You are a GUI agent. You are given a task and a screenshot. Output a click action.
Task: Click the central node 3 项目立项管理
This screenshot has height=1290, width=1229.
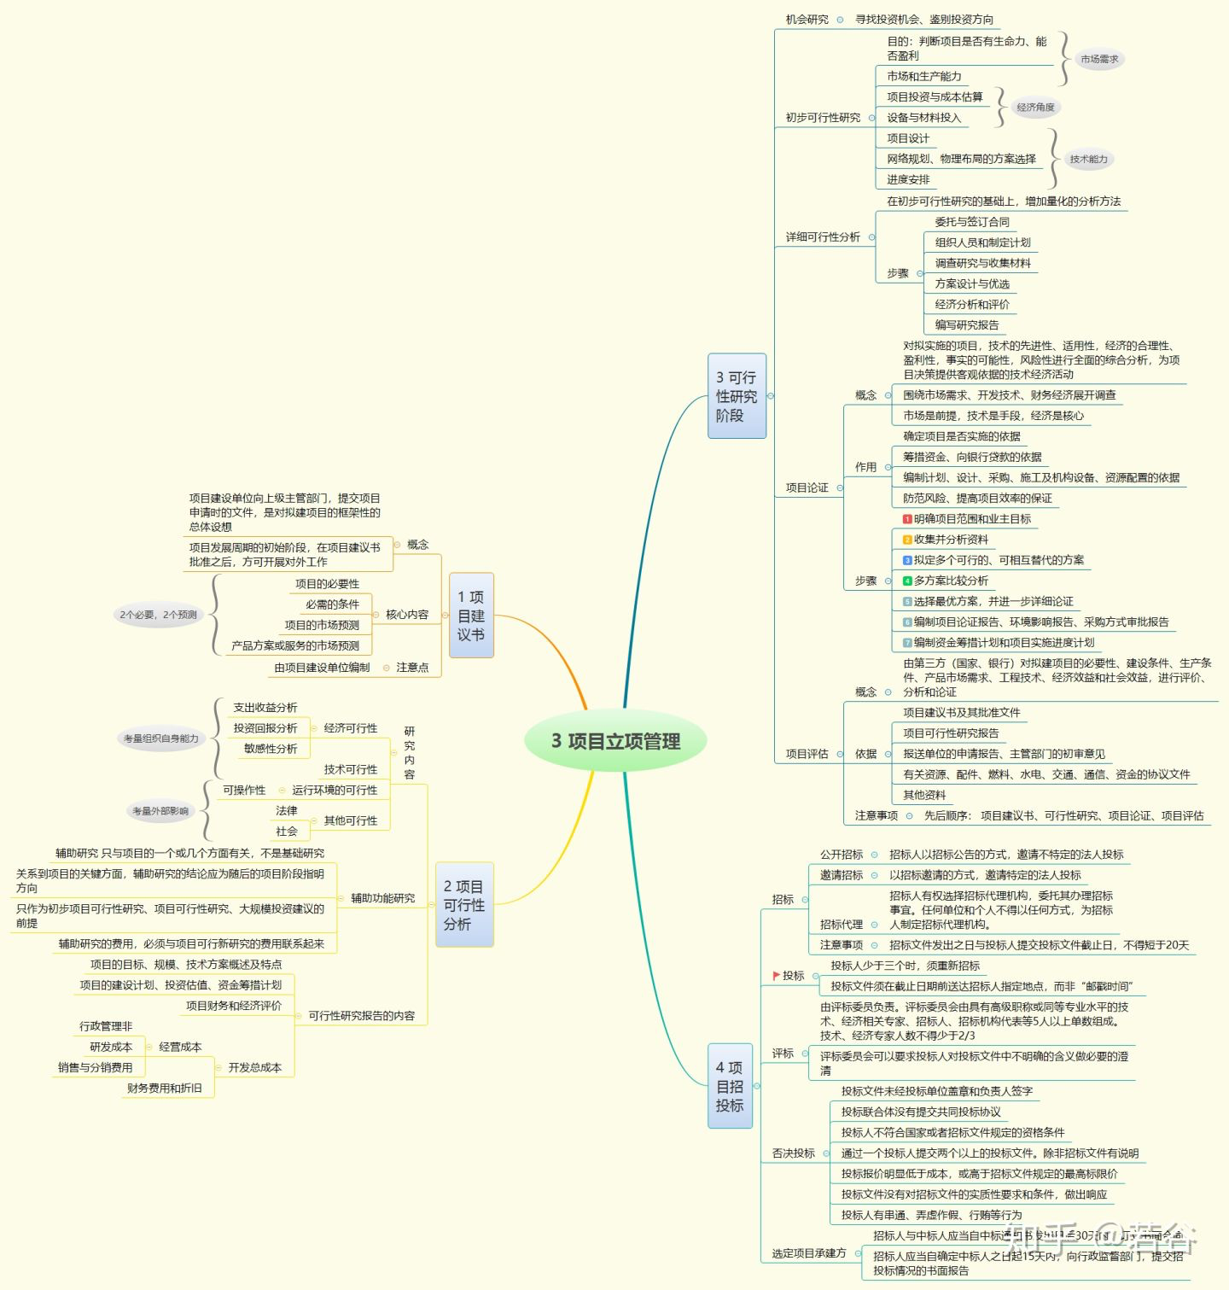[615, 741]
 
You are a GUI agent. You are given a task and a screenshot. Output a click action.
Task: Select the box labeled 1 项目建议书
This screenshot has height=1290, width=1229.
[471, 616]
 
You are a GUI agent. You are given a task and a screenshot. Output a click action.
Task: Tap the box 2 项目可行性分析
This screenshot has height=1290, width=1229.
[464, 905]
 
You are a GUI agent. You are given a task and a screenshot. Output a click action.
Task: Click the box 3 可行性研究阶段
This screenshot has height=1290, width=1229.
[737, 396]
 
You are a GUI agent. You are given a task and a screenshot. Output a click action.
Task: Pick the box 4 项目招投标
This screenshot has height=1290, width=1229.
[730, 1086]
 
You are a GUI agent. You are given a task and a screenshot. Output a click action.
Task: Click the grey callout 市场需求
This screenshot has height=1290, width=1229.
[1098, 60]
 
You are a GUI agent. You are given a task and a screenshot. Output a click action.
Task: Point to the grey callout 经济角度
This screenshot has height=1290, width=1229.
[1035, 108]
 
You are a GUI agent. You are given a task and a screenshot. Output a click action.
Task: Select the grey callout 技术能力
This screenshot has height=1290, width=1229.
[1088, 159]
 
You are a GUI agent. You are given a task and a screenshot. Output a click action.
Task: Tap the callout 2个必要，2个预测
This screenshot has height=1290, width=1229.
[158, 615]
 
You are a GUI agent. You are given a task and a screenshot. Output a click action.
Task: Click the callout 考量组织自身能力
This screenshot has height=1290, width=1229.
[160, 738]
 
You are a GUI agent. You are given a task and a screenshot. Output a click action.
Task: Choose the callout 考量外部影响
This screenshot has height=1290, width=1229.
[160, 811]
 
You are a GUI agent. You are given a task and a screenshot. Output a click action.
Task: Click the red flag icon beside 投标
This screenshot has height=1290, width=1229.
[776, 975]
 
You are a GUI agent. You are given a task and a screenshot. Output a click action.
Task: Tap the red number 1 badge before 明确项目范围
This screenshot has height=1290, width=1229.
[907, 519]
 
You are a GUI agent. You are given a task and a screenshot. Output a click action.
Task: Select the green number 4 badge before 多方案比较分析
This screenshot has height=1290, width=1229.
[907, 581]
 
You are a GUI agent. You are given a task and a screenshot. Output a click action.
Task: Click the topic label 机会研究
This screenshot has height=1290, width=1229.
[807, 20]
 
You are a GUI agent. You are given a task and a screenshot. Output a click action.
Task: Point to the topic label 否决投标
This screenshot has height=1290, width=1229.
[793, 1153]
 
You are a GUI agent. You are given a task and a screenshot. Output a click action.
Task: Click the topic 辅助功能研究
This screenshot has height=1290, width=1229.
[382, 898]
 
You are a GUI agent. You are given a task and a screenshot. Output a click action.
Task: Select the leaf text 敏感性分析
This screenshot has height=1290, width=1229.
[271, 749]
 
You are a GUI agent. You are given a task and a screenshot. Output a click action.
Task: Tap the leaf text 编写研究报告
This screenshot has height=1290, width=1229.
[966, 325]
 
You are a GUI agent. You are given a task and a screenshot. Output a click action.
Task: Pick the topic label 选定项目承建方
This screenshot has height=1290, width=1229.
[808, 1253]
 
